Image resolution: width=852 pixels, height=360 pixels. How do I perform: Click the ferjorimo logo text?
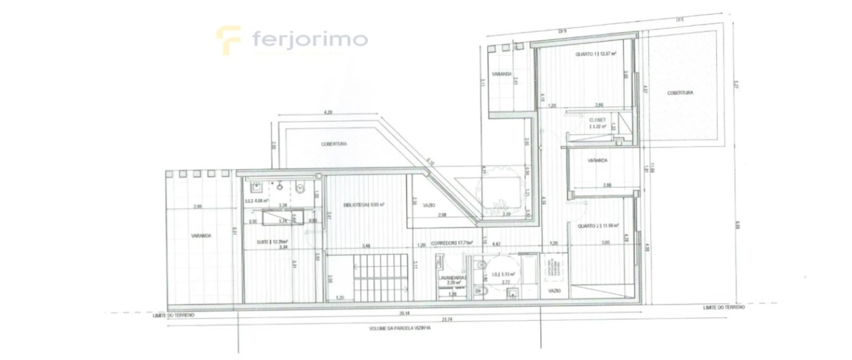coord(309,39)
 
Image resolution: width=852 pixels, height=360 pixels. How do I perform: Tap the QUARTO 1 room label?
coord(595,53)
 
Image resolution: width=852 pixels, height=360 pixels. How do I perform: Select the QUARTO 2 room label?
coord(598,226)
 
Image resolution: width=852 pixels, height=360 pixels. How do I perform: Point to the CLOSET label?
coord(597,120)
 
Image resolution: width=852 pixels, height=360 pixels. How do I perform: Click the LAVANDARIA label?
coord(452,278)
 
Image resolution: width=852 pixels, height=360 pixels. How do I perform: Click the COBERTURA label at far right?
coord(680,93)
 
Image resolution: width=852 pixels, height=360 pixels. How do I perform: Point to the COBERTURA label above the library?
coord(334,144)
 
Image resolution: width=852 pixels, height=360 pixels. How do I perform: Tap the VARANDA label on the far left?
coord(200,235)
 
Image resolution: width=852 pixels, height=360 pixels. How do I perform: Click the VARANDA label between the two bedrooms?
coord(597,160)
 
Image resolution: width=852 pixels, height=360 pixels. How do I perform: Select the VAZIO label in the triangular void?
coord(429,205)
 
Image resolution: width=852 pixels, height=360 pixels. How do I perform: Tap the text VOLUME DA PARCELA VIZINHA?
coord(399,328)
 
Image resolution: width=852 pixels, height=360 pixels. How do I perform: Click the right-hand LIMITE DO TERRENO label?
coord(723,307)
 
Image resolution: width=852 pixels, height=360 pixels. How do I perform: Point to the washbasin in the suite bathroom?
coord(256,188)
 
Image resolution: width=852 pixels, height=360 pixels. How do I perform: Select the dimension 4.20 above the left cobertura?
coord(328,112)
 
